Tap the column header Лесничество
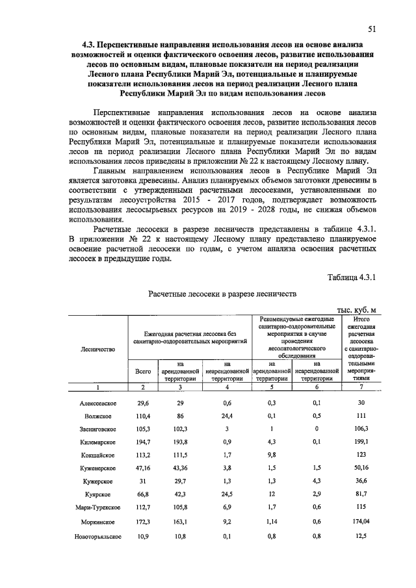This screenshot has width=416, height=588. coord(97,349)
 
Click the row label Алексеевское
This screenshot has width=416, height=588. coord(97,403)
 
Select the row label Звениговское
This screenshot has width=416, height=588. coord(97,429)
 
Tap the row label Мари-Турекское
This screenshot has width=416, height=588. coord(97,508)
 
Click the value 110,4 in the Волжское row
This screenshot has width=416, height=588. coord(142,416)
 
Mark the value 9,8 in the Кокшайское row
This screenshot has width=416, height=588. coord(272,455)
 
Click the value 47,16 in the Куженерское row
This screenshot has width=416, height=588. coord(142,468)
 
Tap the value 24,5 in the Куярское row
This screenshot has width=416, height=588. coord(227,495)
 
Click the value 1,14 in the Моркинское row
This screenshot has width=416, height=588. coord(272,522)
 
